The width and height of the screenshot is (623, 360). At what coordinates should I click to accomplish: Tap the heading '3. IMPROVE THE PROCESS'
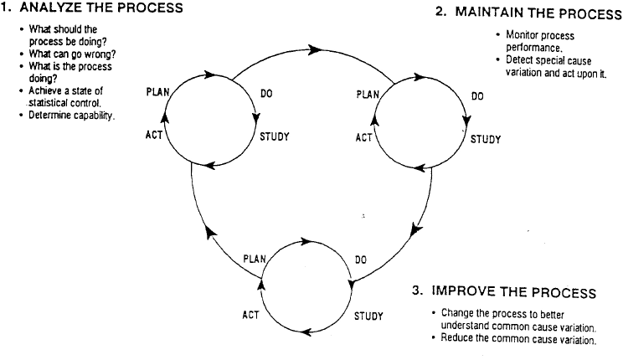tap(504, 292)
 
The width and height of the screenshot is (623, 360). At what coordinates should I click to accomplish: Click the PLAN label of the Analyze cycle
tap(157, 91)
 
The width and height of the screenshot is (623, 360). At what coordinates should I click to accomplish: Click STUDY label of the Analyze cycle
tap(274, 136)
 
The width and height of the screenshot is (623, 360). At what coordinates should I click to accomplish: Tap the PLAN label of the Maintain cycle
tap(368, 94)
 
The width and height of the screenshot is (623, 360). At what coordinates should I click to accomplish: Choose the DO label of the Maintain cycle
tap(477, 96)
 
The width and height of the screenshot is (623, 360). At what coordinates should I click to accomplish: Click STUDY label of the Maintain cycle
tap(485, 139)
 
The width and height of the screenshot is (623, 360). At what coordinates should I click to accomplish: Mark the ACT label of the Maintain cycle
tap(363, 137)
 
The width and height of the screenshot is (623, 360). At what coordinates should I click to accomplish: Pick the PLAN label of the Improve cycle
tap(255, 260)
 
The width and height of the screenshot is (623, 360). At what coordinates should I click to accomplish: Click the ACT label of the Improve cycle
tap(250, 316)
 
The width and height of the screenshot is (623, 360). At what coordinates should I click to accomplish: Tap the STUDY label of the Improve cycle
tap(368, 316)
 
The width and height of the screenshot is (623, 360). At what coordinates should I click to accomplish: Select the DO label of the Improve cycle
tap(361, 260)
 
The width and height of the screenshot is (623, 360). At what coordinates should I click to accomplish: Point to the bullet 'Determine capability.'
tap(71, 114)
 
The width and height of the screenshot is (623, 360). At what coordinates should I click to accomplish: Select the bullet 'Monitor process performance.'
tap(540, 42)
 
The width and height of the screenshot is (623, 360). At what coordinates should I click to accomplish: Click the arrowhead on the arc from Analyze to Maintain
tap(315, 50)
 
